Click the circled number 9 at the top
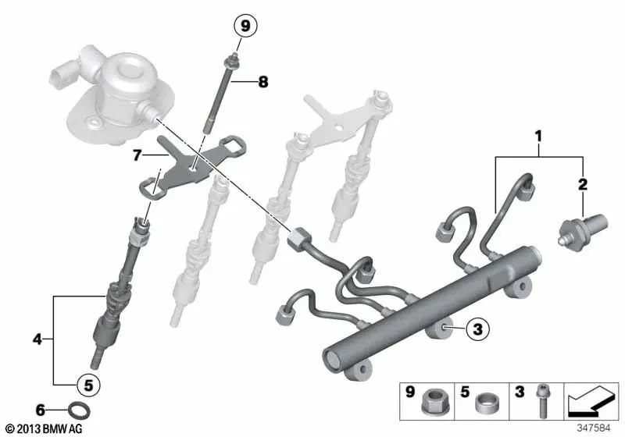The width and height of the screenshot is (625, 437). click(245, 27)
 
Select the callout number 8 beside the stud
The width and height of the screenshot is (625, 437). click(262, 80)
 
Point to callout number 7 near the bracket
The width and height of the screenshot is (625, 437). click(137, 155)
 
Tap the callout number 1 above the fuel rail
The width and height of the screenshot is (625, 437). click(537, 137)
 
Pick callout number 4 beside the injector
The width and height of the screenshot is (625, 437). click(37, 339)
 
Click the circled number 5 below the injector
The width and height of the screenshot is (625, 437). click(87, 384)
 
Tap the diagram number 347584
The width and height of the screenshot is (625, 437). click(596, 428)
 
